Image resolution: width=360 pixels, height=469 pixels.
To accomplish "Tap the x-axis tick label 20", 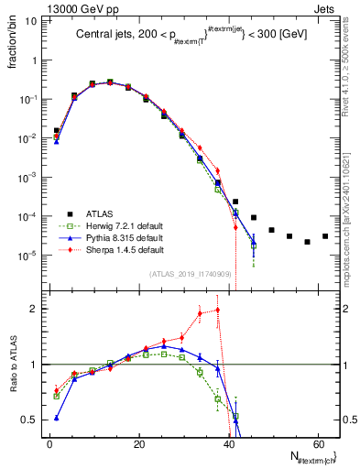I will coord(139,443).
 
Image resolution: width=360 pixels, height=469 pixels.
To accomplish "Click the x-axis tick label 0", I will coord(49,443).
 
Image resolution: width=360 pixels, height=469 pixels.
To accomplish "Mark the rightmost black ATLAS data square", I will coord(325,236).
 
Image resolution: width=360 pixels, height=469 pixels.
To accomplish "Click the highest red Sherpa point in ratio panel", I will coord(218,310).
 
